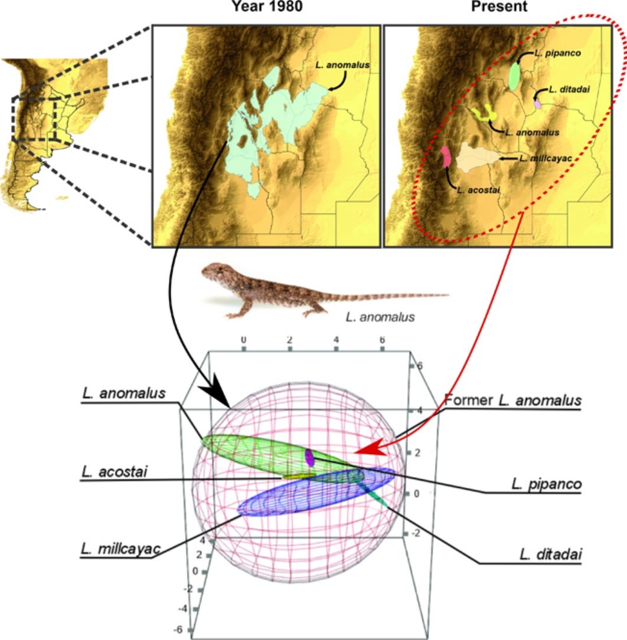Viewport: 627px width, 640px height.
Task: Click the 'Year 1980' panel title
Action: coord(265,7)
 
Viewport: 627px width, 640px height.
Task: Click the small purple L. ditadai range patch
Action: coord(537,104)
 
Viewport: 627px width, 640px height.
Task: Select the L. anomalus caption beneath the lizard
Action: coord(380,317)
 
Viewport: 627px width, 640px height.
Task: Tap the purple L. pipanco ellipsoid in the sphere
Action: coord(309,457)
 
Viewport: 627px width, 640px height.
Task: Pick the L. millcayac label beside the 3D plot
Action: coord(120,549)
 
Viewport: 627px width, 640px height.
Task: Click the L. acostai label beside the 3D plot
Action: coord(115,472)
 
